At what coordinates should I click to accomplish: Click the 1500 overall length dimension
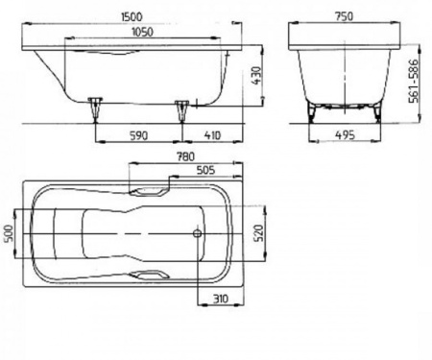coord(132,16)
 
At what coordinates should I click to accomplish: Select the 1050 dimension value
coord(143,32)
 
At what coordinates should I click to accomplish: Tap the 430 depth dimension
coord(256,76)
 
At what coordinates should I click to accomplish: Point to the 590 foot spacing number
coord(139,135)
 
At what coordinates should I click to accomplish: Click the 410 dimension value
coord(212,135)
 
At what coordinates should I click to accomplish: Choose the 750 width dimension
coord(344,16)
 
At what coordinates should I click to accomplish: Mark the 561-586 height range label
coord(414,81)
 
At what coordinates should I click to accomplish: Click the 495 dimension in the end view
coord(345,135)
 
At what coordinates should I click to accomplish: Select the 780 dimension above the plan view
coord(185,156)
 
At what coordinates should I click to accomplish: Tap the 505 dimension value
coord(205,170)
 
